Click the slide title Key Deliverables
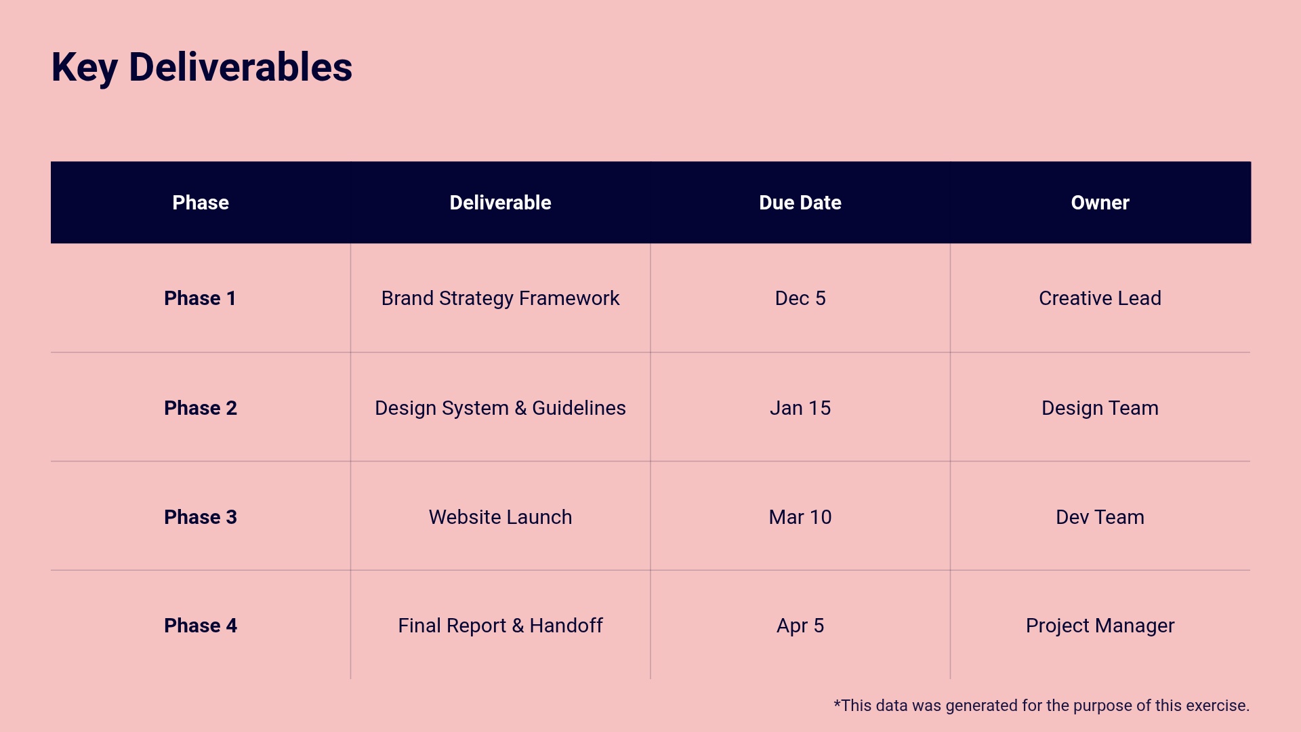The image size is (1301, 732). pyautogui.click(x=201, y=68)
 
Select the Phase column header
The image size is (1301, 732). pyautogui.click(x=201, y=203)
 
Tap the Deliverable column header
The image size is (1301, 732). pyautogui.click(x=500, y=203)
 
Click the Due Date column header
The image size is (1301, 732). pyautogui.click(x=800, y=203)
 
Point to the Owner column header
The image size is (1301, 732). pyautogui.click(x=1100, y=203)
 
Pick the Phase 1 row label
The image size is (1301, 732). pyautogui.click(x=200, y=298)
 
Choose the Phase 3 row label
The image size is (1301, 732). pyautogui.click(x=200, y=517)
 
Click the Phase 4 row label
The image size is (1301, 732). pyautogui.click(x=200, y=626)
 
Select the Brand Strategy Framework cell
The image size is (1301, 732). pyautogui.click(x=500, y=298)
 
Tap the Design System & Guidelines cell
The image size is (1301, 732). pyautogui.click(x=500, y=408)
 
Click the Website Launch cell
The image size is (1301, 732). pyautogui.click(x=500, y=517)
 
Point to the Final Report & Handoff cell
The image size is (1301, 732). pyautogui.click(x=500, y=626)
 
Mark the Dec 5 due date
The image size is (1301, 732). pyautogui.click(x=800, y=298)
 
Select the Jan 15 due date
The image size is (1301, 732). pyautogui.click(x=800, y=408)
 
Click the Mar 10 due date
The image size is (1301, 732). pyautogui.click(x=800, y=517)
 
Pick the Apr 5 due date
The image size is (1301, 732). pyautogui.click(x=800, y=626)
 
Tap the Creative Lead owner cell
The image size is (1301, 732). pyautogui.click(x=1100, y=298)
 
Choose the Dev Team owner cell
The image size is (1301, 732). pyautogui.click(x=1100, y=517)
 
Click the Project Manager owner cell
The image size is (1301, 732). pyautogui.click(x=1100, y=626)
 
